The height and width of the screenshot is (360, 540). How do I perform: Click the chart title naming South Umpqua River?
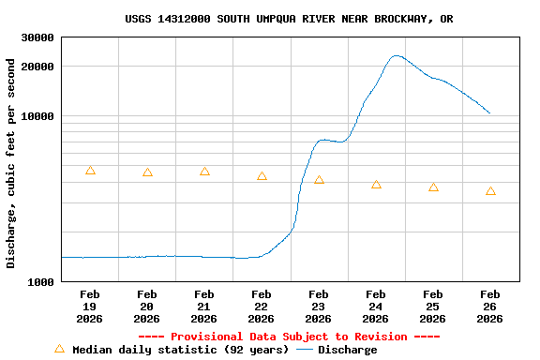pyautogui.click(x=289, y=19)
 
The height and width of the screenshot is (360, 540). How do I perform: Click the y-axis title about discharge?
pyautogui.click(x=11, y=163)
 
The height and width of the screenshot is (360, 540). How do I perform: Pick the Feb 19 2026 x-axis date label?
pyautogui.click(x=90, y=307)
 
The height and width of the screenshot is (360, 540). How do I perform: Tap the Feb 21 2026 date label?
pyautogui.click(x=204, y=307)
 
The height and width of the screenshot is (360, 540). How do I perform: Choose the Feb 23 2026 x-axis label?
pyautogui.click(x=319, y=307)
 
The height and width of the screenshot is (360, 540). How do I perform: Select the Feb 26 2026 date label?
pyautogui.click(x=489, y=307)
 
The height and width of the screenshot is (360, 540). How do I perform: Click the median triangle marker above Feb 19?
pyautogui.click(x=90, y=171)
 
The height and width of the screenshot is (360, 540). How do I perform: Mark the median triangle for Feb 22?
pyautogui.click(x=262, y=176)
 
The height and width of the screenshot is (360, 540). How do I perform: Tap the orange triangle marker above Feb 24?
pyautogui.click(x=376, y=185)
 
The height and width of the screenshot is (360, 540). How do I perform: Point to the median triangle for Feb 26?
pyautogui.click(x=490, y=191)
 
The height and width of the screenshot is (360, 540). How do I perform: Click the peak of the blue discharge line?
pyautogui.click(x=397, y=55)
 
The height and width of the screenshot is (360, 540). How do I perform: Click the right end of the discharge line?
pyautogui.click(x=489, y=113)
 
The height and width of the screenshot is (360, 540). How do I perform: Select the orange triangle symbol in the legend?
pyautogui.click(x=59, y=349)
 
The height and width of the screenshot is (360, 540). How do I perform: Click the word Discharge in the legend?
pyautogui.click(x=347, y=350)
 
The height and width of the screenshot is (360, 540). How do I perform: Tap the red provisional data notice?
pyautogui.click(x=289, y=337)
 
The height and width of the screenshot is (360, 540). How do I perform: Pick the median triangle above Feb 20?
pyautogui.click(x=147, y=172)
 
